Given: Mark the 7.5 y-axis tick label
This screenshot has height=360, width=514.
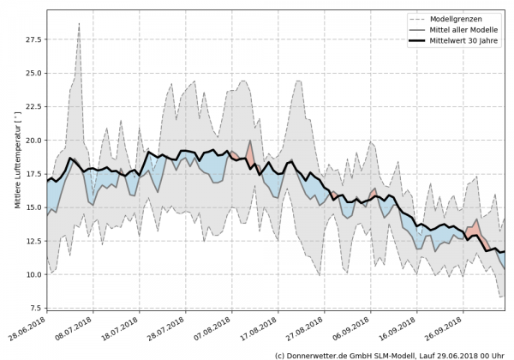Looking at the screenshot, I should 35,308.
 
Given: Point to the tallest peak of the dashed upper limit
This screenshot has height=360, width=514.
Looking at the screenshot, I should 79,24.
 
